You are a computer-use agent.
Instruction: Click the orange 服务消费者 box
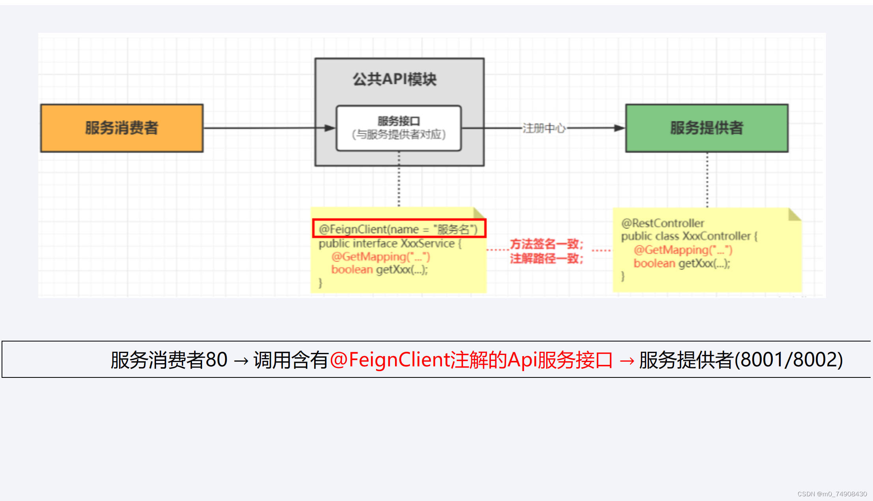click(122, 128)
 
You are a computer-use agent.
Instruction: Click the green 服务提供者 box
click(706, 128)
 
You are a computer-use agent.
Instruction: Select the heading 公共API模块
click(394, 79)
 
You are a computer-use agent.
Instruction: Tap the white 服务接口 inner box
click(399, 128)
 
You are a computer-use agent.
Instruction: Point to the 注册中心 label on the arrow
click(544, 128)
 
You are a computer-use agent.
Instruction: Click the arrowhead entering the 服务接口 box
click(330, 128)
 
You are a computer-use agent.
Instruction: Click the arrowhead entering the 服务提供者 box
click(619, 128)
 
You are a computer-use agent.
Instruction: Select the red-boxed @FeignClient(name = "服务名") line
click(399, 229)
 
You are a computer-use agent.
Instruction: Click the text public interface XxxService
click(387, 243)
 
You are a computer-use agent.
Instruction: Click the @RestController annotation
click(662, 223)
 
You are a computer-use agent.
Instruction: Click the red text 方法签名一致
click(546, 244)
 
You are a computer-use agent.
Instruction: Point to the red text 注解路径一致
click(546, 259)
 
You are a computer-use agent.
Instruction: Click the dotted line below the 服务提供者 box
click(707, 180)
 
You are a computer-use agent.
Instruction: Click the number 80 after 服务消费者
click(216, 360)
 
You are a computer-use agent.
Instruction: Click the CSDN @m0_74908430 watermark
click(832, 494)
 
